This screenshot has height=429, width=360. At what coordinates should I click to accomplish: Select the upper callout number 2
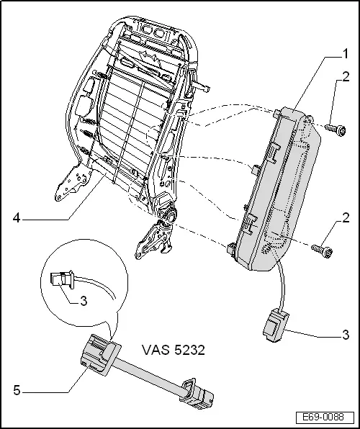(346, 96)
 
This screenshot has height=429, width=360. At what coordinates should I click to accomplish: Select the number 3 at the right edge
(346, 335)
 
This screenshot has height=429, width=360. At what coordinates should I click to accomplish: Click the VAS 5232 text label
(175, 351)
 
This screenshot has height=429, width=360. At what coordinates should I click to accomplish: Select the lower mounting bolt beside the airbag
(321, 250)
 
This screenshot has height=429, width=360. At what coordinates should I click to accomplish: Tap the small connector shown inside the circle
(63, 279)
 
